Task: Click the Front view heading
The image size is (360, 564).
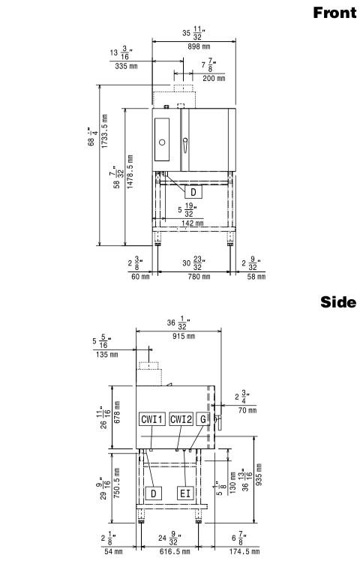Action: (x=334, y=13)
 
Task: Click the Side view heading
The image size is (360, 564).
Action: (x=338, y=302)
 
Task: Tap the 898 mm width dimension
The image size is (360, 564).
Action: (x=199, y=46)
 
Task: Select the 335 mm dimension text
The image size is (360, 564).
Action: (x=126, y=66)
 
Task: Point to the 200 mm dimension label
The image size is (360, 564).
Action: (x=214, y=79)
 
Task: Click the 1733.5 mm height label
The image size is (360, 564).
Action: (x=104, y=131)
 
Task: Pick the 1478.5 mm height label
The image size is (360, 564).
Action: (x=130, y=172)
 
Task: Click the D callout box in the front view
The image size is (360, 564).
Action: (x=193, y=192)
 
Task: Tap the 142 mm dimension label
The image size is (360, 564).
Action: (x=193, y=223)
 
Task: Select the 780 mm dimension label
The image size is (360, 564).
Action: (x=199, y=277)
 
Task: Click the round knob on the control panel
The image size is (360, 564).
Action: (x=162, y=142)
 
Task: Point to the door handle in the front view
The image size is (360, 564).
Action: (x=185, y=145)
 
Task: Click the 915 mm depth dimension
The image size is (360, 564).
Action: (x=184, y=336)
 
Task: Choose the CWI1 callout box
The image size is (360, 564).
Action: (x=152, y=419)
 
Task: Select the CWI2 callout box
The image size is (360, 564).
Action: (x=181, y=419)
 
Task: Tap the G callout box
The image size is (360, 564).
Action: (x=203, y=419)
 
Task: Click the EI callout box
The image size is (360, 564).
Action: (x=185, y=493)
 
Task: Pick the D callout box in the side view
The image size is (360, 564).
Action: (x=154, y=493)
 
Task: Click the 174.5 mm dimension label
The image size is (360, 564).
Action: (x=244, y=552)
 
